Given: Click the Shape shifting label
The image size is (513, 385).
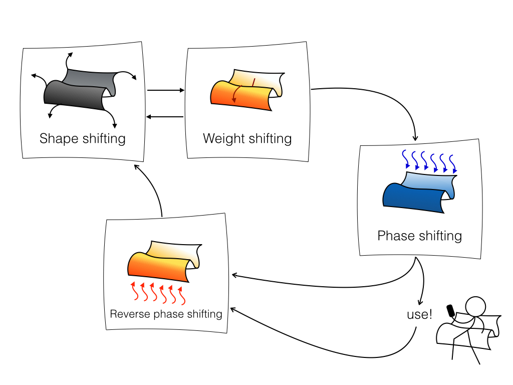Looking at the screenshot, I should (x=83, y=138).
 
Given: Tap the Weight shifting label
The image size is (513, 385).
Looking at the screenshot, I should (x=247, y=138).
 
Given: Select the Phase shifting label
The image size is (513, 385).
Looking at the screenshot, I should (x=419, y=236).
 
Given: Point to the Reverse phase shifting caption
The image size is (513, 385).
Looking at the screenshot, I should (x=166, y=314).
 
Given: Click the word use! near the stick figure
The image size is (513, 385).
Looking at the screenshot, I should (x=419, y=315).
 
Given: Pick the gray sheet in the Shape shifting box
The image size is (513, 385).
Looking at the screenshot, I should (x=75, y=95).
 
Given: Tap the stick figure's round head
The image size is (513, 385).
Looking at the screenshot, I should (x=475, y=306).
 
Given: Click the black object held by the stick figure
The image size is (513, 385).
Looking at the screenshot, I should (x=451, y=311).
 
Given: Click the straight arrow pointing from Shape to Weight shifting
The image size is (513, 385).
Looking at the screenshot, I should (x=166, y=91).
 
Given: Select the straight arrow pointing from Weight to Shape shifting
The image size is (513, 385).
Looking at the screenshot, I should (x=165, y=117).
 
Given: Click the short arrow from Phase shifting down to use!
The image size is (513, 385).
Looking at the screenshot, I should (x=423, y=281).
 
